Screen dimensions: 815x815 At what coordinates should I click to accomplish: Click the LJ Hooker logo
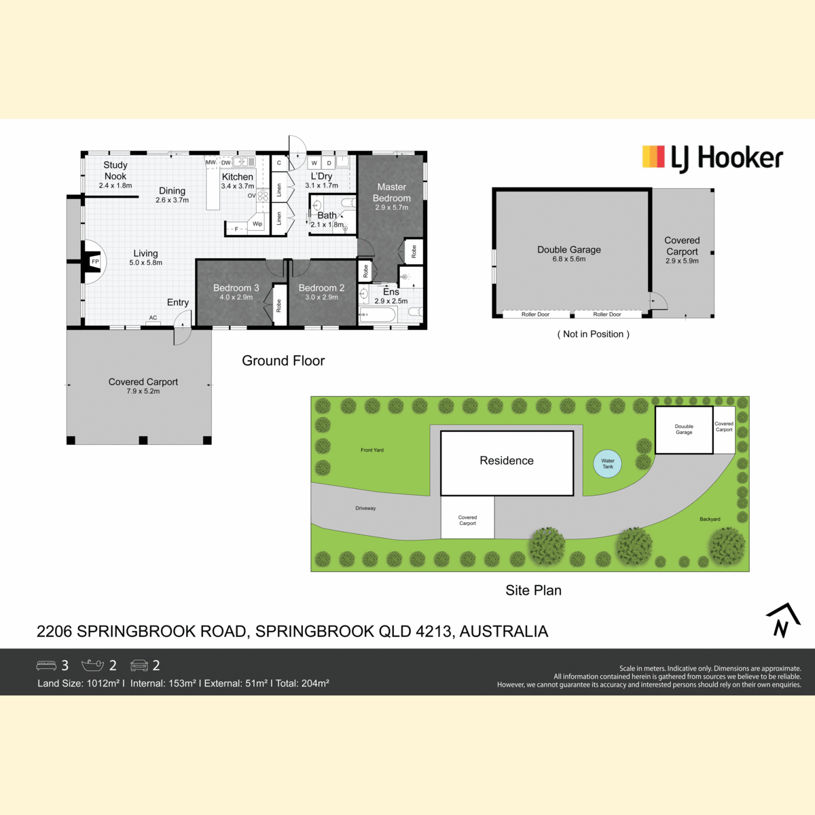coord(712,159)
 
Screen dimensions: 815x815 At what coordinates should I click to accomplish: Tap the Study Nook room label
coord(115,170)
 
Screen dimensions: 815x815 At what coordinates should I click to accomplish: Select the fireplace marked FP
coord(94,261)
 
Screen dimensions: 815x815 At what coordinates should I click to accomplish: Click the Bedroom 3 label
coord(236,288)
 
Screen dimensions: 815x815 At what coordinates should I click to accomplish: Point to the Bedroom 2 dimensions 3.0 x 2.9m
coord(321,297)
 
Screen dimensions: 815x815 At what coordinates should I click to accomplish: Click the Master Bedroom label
coord(392,192)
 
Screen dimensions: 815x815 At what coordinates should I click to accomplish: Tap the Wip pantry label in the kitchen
coord(257,223)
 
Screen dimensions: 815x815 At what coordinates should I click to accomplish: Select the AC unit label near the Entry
coord(153,318)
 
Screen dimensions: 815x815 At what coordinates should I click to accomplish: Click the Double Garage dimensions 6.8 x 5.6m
coord(569,259)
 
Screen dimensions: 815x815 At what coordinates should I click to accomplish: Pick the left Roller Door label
coord(535,314)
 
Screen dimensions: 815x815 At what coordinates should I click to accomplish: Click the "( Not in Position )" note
coord(594,334)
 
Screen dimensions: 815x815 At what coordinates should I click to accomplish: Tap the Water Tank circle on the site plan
coord(608,464)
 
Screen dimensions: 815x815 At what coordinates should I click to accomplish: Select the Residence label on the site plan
coord(507,460)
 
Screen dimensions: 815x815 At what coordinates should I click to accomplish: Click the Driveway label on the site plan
coord(365,508)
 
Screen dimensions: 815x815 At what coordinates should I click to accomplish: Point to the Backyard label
coord(710,519)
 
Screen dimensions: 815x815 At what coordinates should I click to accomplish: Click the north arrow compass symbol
coord(783,621)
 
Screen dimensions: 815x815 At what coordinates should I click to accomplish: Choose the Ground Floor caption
coord(283,361)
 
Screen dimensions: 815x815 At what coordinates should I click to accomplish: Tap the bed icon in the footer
coord(46,666)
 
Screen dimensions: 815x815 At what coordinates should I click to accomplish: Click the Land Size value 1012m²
coord(103,683)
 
